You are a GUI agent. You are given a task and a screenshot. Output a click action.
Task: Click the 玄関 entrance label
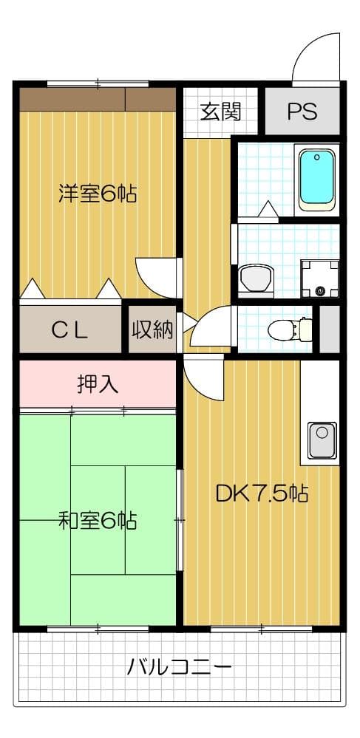pos(220,112)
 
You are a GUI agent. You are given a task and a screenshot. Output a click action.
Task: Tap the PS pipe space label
pos(302,112)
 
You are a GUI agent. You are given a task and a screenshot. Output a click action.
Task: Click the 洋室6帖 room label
pos(97,194)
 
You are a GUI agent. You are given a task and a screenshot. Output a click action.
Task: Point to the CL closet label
pos(70,329)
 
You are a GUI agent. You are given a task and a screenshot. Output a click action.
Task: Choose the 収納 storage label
pos(152,329)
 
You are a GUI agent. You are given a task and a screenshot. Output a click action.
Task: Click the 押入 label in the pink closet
pos(98,384)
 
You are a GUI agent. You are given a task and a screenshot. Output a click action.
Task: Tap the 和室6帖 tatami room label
pos(97,521)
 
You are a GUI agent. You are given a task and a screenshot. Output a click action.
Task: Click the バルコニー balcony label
pos(180,668)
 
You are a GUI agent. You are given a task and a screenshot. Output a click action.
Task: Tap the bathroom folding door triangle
pos(268,211)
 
